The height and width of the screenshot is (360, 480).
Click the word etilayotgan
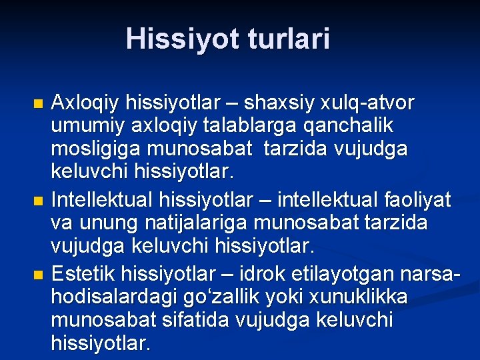360,274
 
